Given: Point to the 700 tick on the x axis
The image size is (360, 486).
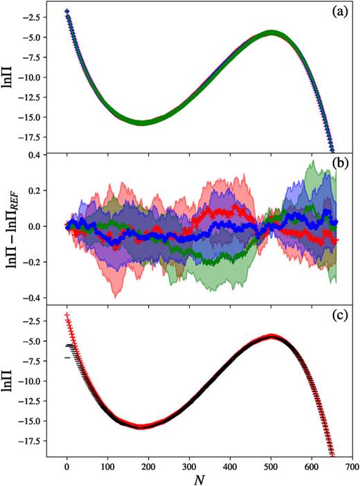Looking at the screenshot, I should (352, 465).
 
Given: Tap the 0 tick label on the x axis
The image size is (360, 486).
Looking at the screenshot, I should (67, 465).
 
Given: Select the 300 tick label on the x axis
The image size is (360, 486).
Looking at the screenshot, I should (189, 465).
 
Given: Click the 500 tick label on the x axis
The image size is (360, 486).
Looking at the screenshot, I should (271, 465).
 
